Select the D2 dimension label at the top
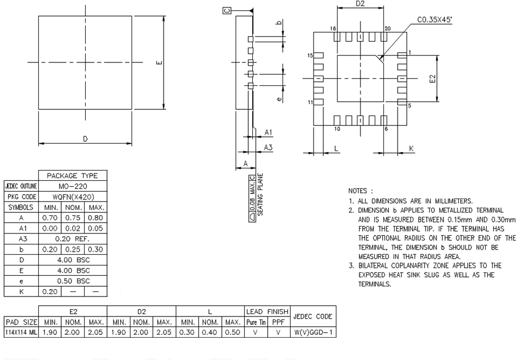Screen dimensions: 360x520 coord(360,5)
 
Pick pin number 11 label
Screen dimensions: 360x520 coord(309,102)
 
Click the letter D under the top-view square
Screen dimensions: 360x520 coord(85,139)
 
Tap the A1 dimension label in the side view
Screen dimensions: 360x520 coord(268,132)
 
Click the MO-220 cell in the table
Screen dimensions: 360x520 coord(73,186)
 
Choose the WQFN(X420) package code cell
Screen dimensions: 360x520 coord(73,196)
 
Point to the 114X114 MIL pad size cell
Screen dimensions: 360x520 coord(19,331)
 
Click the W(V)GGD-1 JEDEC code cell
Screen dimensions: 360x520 coord(312,331)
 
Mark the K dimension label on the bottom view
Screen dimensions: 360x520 coord(411,148)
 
